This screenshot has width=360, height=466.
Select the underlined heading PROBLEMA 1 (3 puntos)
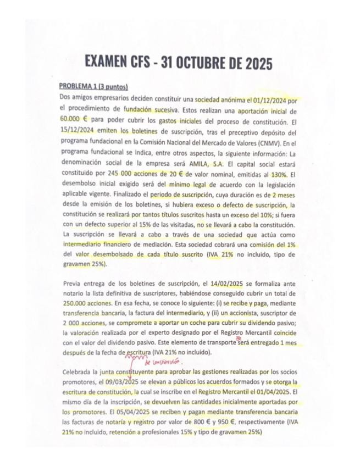[x=93, y=86]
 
